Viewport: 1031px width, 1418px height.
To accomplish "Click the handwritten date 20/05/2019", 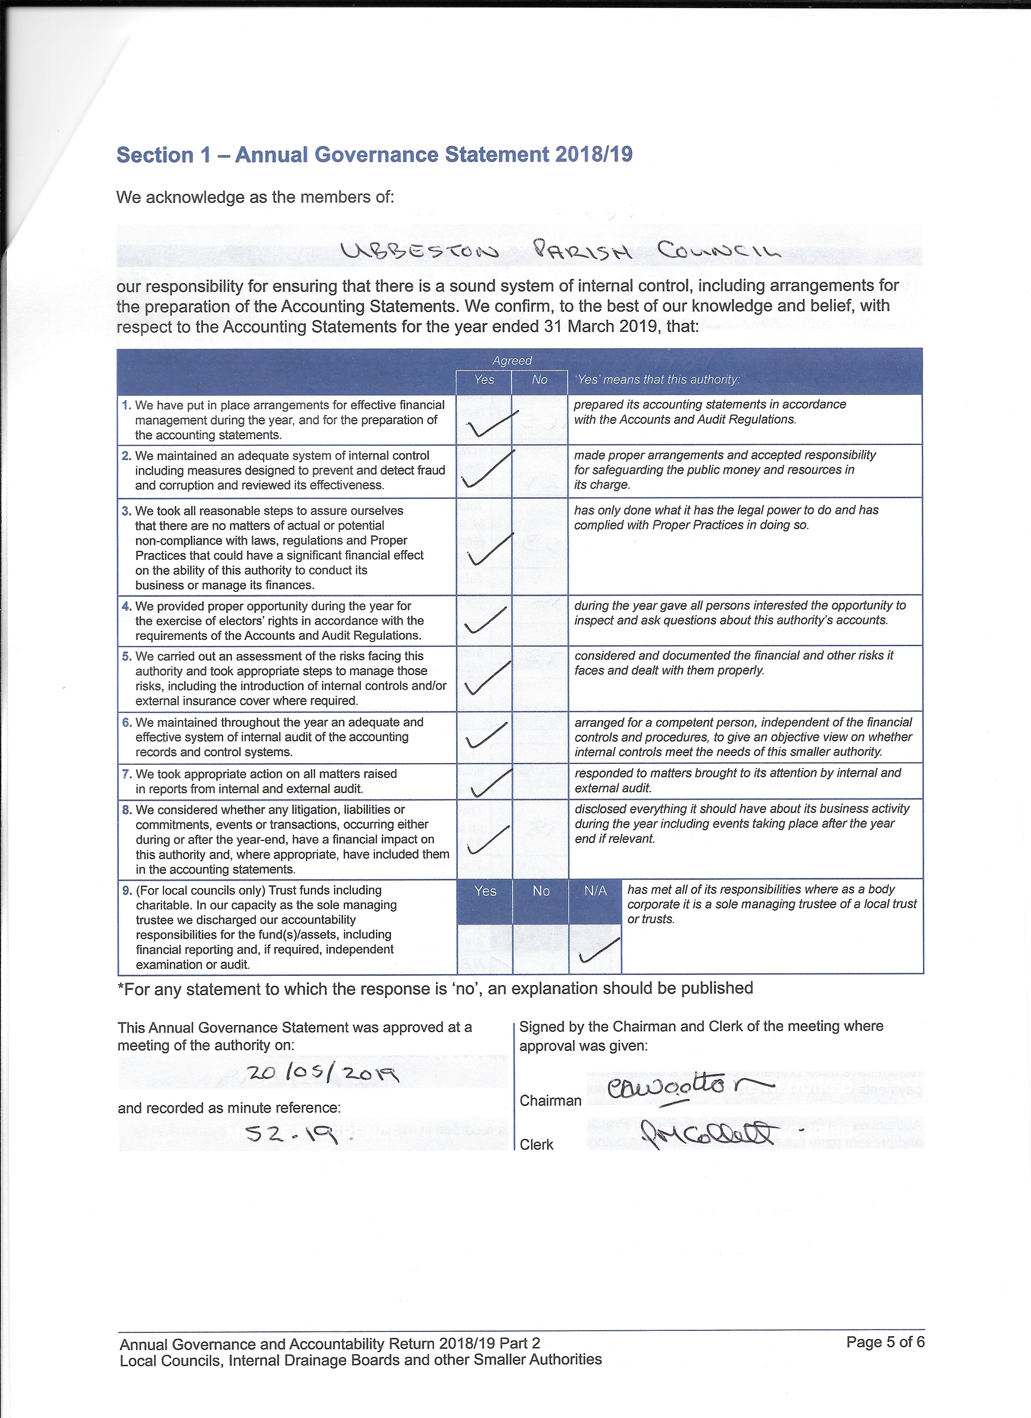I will coord(322,1073).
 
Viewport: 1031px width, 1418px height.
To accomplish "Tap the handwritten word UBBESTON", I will coord(420,252).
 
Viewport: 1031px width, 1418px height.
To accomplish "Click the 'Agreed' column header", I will coord(511,361).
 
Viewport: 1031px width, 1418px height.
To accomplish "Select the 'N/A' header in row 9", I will coord(595,891).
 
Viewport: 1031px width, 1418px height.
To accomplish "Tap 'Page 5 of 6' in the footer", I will coord(885,1342).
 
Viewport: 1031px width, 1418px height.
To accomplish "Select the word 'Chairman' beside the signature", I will coord(550,1100).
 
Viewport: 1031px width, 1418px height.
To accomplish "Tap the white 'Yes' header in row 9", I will coord(485,891).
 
